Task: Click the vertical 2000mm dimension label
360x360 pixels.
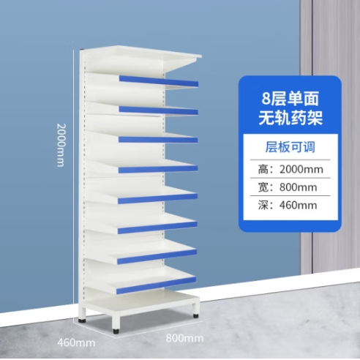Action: click(x=61, y=145)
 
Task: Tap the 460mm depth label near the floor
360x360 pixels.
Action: click(x=76, y=342)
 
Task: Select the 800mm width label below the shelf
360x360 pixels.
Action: click(x=184, y=338)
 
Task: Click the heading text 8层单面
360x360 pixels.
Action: click(x=290, y=99)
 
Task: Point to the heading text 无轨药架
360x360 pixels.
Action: click(x=290, y=119)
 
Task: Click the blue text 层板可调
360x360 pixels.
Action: click(x=290, y=147)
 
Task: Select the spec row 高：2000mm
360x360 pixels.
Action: click(x=290, y=169)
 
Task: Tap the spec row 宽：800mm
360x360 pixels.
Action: click(x=288, y=187)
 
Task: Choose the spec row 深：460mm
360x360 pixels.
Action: click(x=288, y=205)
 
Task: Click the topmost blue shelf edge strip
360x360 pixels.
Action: click(x=159, y=81)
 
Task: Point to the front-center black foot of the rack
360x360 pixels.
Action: click(x=116, y=331)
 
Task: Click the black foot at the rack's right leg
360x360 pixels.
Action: click(x=195, y=315)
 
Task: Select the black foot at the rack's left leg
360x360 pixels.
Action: click(x=82, y=320)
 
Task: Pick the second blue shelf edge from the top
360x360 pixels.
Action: click(x=159, y=110)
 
